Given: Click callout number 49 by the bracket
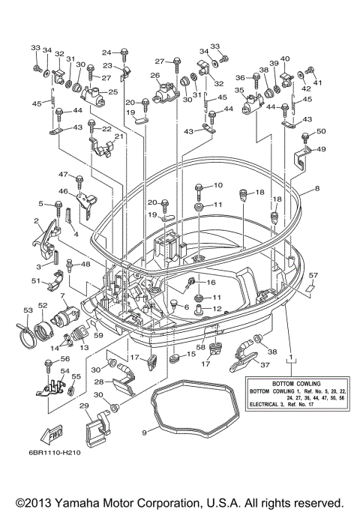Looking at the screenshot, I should tap(321, 150).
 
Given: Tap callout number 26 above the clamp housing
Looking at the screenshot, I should tap(155, 76).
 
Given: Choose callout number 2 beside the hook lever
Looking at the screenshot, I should tap(37, 220).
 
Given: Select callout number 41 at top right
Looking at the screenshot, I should tap(316, 83).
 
